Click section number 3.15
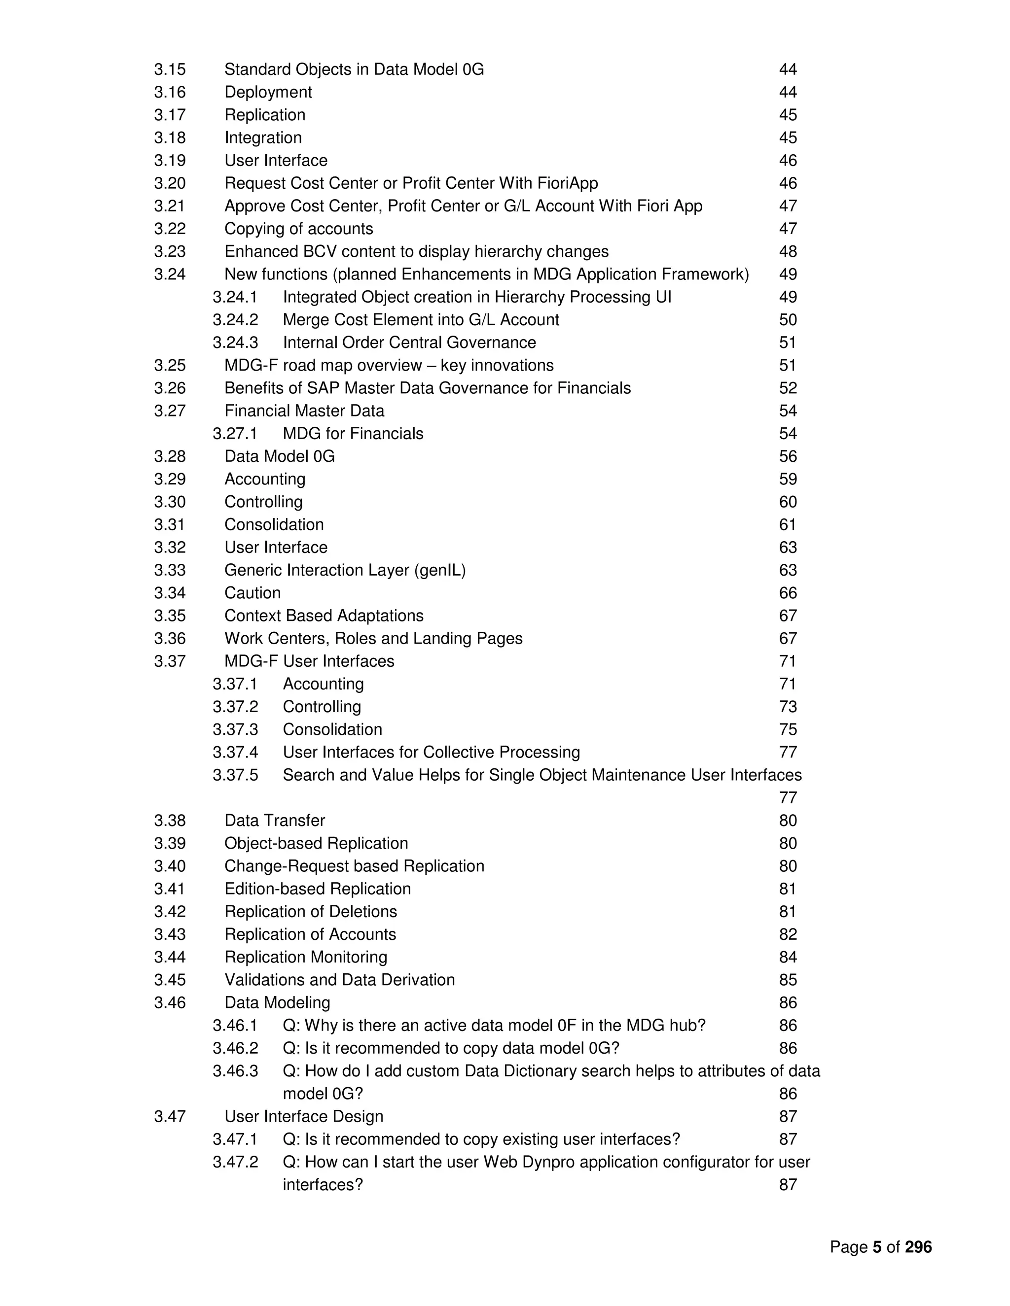click(170, 69)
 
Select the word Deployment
click(268, 92)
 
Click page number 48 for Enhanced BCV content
click(788, 251)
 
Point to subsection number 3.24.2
click(235, 320)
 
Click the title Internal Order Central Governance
click(409, 343)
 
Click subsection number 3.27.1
click(235, 434)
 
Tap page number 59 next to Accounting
click(788, 479)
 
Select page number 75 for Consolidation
click(788, 729)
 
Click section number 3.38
click(170, 821)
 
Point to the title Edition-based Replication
click(317, 889)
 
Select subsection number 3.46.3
click(235, 1071)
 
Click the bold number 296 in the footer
click(918, 1247)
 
